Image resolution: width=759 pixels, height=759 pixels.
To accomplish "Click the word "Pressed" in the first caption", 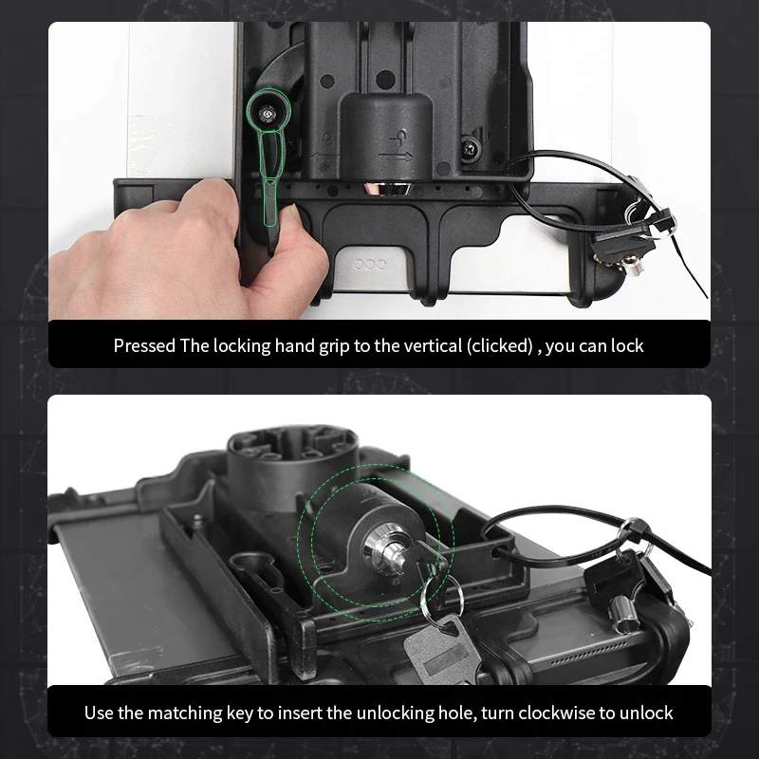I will (144, 346).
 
